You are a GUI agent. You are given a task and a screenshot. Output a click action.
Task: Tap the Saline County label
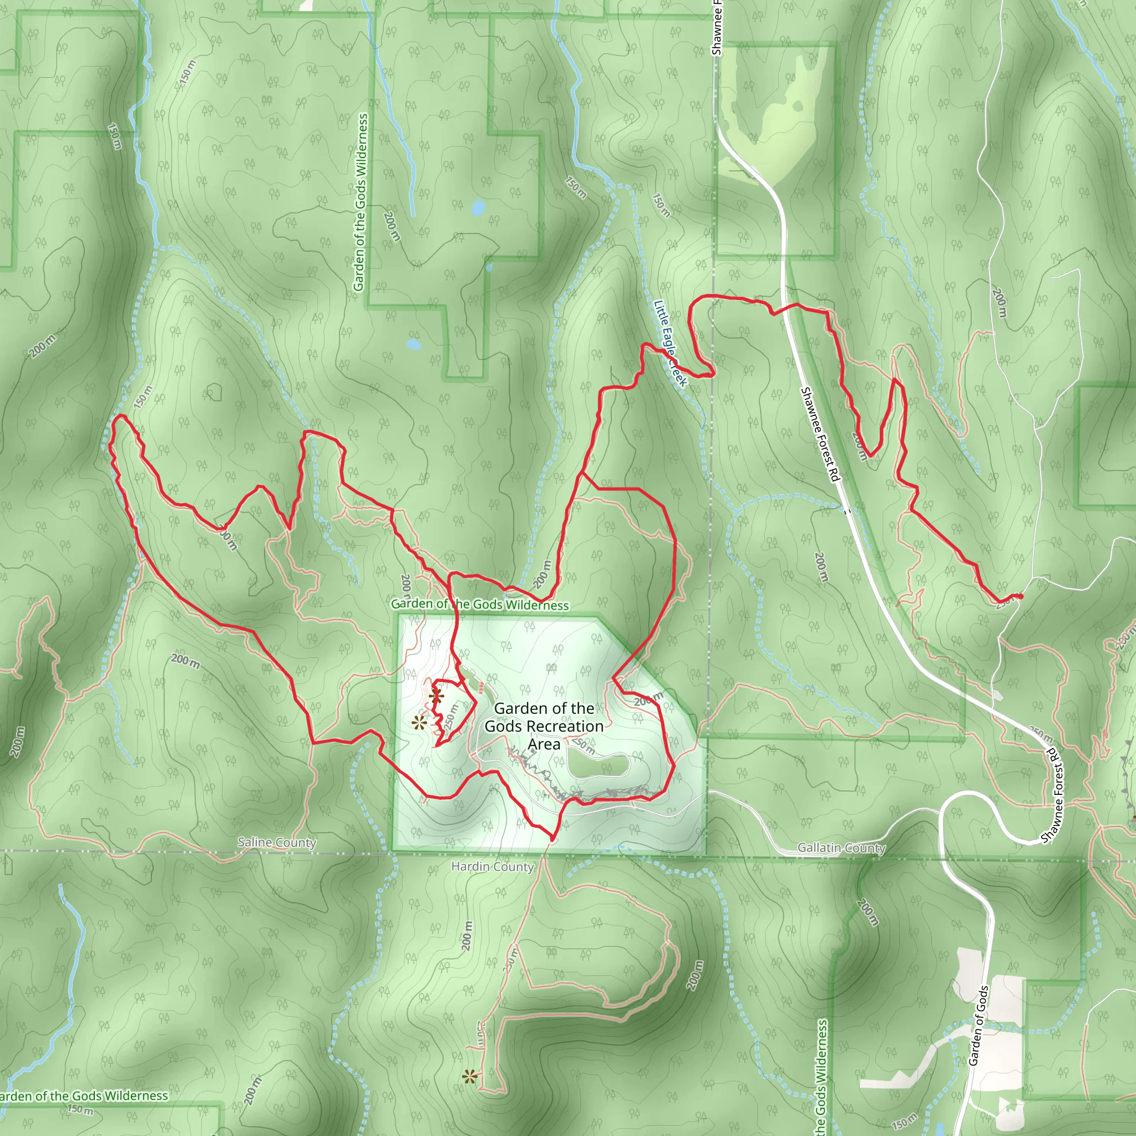click(276, 842)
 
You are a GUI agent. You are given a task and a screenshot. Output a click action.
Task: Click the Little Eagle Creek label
click(670, 343)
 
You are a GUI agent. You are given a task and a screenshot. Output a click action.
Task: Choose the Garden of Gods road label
click(978, 1026)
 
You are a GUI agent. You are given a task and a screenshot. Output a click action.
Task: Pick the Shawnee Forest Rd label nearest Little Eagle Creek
click(819, 434)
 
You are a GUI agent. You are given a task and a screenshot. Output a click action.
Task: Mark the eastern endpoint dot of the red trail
click(1020, 596)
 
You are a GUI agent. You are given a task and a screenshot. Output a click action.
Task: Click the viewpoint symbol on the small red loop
click(435, 698)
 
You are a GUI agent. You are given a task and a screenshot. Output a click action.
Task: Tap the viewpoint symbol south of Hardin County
click(469, 1077)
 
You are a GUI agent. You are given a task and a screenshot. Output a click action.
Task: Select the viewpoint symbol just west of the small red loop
click(419, 723)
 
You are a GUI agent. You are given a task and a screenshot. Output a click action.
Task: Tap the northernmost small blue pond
click(478, 207)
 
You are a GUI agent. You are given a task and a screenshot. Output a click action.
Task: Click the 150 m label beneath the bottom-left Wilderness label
click(80, 1109)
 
